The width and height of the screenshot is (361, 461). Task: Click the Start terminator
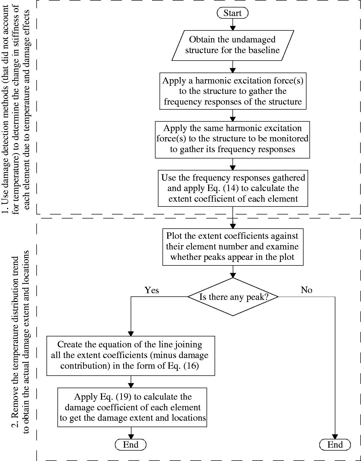[x=232, y=13]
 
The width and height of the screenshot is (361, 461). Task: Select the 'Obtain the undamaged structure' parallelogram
[x=233, y=45]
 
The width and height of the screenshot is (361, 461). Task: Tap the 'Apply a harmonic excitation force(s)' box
[x=233, y=91]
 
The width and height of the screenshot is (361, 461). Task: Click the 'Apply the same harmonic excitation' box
[x=232, y=140]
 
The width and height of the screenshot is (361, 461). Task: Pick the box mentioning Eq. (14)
[x=233, y=188]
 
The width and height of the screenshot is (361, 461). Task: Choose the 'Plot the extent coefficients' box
[x=233, y=247]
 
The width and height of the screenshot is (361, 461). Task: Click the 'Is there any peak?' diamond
[x=233, y=297]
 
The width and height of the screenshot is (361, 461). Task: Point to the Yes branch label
[x=152, y=290]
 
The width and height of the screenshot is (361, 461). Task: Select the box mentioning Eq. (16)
[x=131, y=356]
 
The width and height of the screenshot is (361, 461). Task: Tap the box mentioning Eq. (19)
[x=132, y=407]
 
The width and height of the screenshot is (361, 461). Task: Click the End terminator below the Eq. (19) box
[x=131, y=445]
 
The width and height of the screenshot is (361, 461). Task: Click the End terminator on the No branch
[x=335, y=445]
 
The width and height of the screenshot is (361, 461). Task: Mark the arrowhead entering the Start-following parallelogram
[x=233, y=28]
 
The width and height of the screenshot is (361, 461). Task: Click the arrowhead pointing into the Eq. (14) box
[x=233, y=168]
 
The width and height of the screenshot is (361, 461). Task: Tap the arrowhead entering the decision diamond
[x=233, y=275]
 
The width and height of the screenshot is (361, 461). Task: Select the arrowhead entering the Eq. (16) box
[x=131, y=334]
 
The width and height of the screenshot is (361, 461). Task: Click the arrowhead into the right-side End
[x=335, y=437]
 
